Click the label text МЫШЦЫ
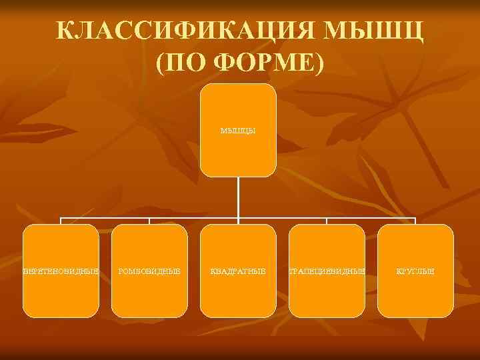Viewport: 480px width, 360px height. (238, 131)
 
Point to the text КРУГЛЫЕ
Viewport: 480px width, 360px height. (415, 271)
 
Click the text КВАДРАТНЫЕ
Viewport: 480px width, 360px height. (238, 271)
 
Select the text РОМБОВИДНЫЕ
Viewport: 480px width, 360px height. (149, 271)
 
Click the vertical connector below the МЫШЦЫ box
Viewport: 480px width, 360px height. (238, 197)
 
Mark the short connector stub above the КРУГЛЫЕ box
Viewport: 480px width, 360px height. (415, 221)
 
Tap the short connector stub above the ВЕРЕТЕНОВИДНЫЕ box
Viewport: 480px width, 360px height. (61, 221)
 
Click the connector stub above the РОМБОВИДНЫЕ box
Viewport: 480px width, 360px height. (149, 221)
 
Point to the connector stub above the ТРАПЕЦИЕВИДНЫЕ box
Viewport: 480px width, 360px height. (327, 221)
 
